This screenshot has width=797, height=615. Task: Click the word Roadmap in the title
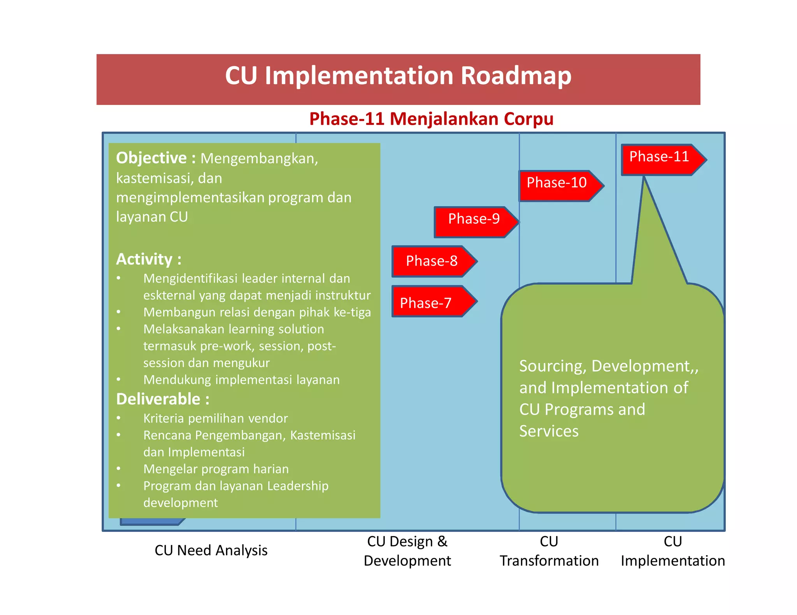point(516,76)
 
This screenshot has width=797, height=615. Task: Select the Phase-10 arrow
point(558,185)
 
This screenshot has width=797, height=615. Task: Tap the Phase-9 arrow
point(474,222)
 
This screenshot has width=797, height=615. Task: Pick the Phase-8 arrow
point(432,261)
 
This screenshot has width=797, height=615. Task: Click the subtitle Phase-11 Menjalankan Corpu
point(431,119)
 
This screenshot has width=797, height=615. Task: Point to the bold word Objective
point(151,158)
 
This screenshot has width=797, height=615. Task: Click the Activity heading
point(148,259)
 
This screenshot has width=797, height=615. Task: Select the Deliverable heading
point(163,399)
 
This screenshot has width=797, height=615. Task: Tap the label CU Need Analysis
point(211,550)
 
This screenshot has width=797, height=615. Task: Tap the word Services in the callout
point(549,431)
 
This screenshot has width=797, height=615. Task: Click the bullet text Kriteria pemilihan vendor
point(216,418)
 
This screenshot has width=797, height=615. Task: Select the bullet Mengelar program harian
point(216,469)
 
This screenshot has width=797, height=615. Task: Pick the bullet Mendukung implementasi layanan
point(241,380)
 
